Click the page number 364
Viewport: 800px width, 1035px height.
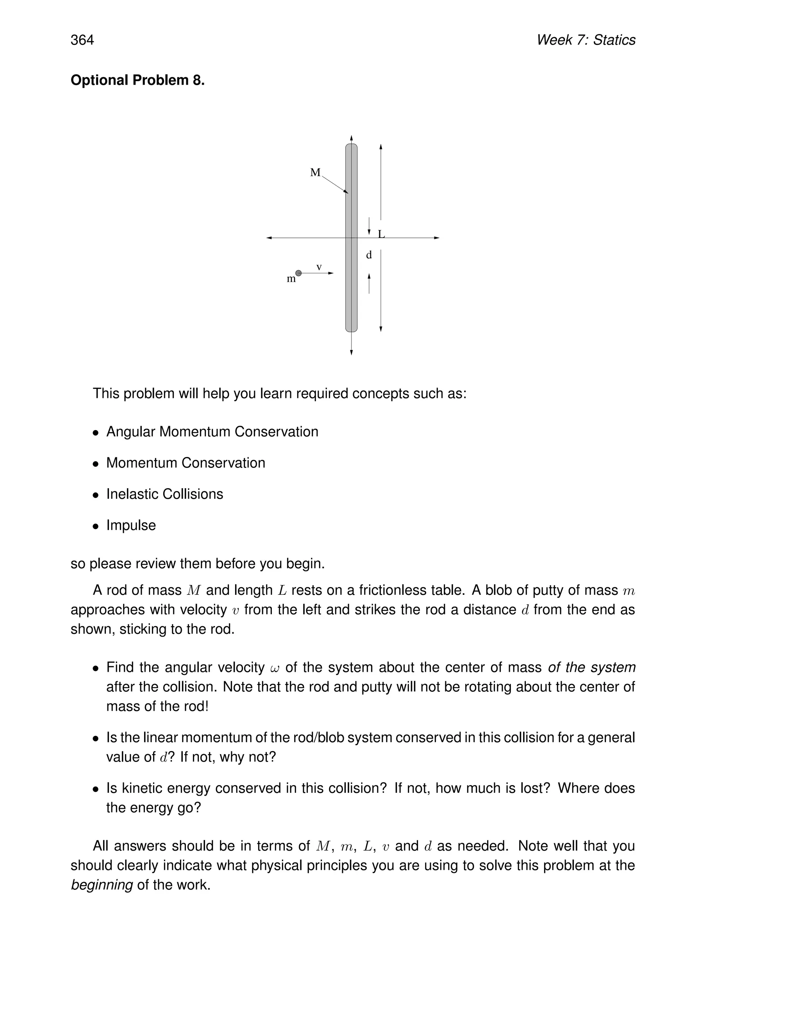82,40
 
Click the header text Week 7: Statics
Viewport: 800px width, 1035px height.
586,40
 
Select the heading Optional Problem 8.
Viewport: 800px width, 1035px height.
137,80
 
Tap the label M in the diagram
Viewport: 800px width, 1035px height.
315,173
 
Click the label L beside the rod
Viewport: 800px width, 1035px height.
381,234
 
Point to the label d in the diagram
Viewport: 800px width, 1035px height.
369,255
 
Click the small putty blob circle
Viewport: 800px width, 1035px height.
298,273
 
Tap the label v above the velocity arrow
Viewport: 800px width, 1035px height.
319,267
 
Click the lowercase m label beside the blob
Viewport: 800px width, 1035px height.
291,279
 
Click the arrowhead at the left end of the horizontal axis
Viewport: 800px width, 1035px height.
269,238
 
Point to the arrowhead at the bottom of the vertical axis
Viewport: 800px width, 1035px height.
351,352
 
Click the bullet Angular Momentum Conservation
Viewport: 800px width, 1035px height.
212,432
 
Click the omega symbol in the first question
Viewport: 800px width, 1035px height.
275,668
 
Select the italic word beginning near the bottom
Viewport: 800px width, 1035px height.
102,885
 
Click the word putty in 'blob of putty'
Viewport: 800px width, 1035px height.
561,590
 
